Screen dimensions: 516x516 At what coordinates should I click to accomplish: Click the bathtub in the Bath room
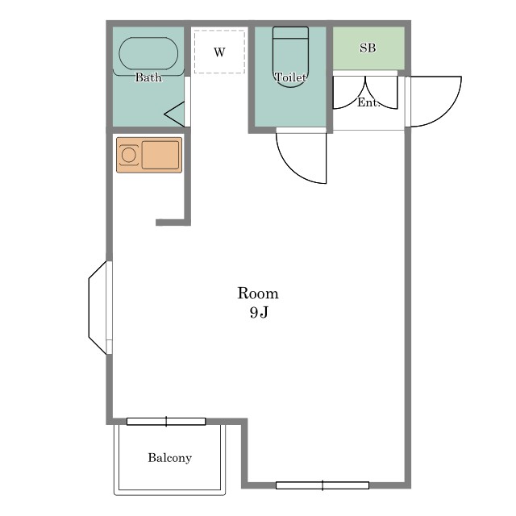point(148,53)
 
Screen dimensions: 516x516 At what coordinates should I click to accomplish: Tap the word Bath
point(148,77)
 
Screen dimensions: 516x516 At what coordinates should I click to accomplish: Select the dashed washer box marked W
point(219,52)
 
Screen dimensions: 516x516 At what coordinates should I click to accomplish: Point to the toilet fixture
point(290,57)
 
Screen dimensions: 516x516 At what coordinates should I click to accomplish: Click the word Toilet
point(290,77)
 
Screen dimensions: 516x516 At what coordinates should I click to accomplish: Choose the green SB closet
point(368,48)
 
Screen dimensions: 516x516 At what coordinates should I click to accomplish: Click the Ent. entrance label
point(368,102)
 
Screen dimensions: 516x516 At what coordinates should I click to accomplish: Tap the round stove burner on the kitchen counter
point(128,155)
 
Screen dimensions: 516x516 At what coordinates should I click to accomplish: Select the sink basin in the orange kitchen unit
point(160,155)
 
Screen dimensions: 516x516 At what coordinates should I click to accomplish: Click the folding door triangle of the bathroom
point(174,114)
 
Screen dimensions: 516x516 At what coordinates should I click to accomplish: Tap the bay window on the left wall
point(98,308)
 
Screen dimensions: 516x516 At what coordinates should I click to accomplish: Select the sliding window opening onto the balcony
point(166,422)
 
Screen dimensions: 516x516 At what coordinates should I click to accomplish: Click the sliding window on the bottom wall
point(322,485)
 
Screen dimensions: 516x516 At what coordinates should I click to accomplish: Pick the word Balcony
point(170,458)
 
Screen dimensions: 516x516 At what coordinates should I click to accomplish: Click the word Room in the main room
point(258,293)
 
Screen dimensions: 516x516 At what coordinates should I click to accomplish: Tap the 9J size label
point(259,312)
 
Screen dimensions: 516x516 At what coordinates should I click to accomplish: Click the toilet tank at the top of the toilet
point(290,32)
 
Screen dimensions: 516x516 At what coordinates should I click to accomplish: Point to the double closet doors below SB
point(365,93)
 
